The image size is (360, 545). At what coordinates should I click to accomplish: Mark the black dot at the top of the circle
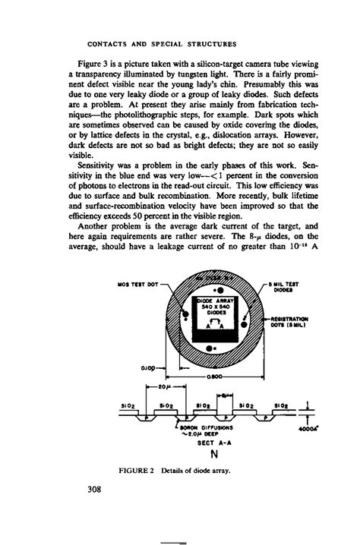coord(219,290)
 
